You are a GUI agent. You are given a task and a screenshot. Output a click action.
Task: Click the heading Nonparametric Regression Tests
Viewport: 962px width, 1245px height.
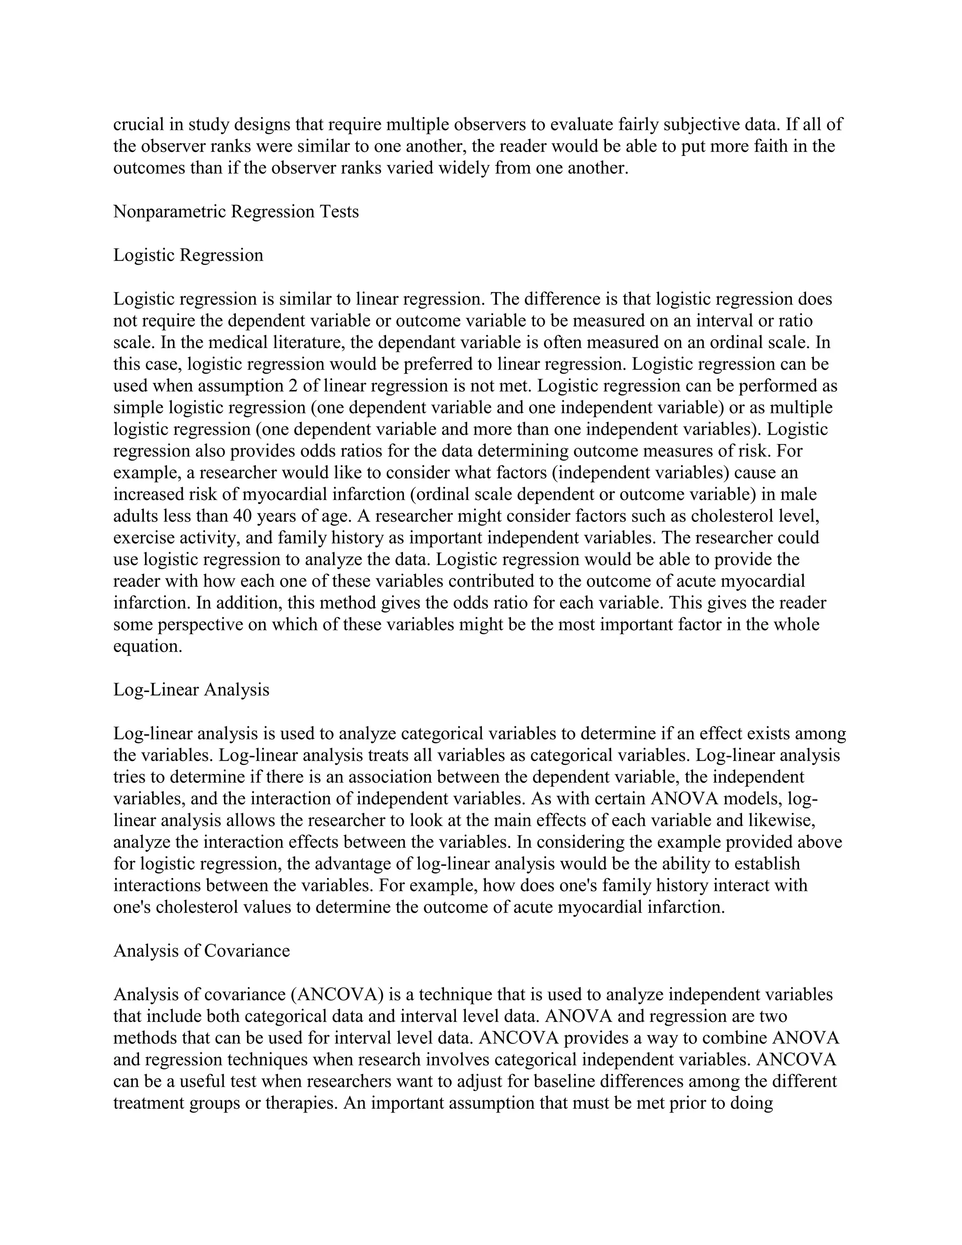pyautogui.click(x=236, y=212)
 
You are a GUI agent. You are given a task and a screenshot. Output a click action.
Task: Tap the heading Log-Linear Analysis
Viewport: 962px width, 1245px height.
pyautogui.click(x=191, y=690)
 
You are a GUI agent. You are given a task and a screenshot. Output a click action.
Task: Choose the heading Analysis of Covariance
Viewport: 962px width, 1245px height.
pyautogui.click(x=201, y=951)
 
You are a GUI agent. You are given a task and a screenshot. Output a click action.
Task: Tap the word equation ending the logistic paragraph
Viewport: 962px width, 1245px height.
pyautogui.click(x=147, y=647)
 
